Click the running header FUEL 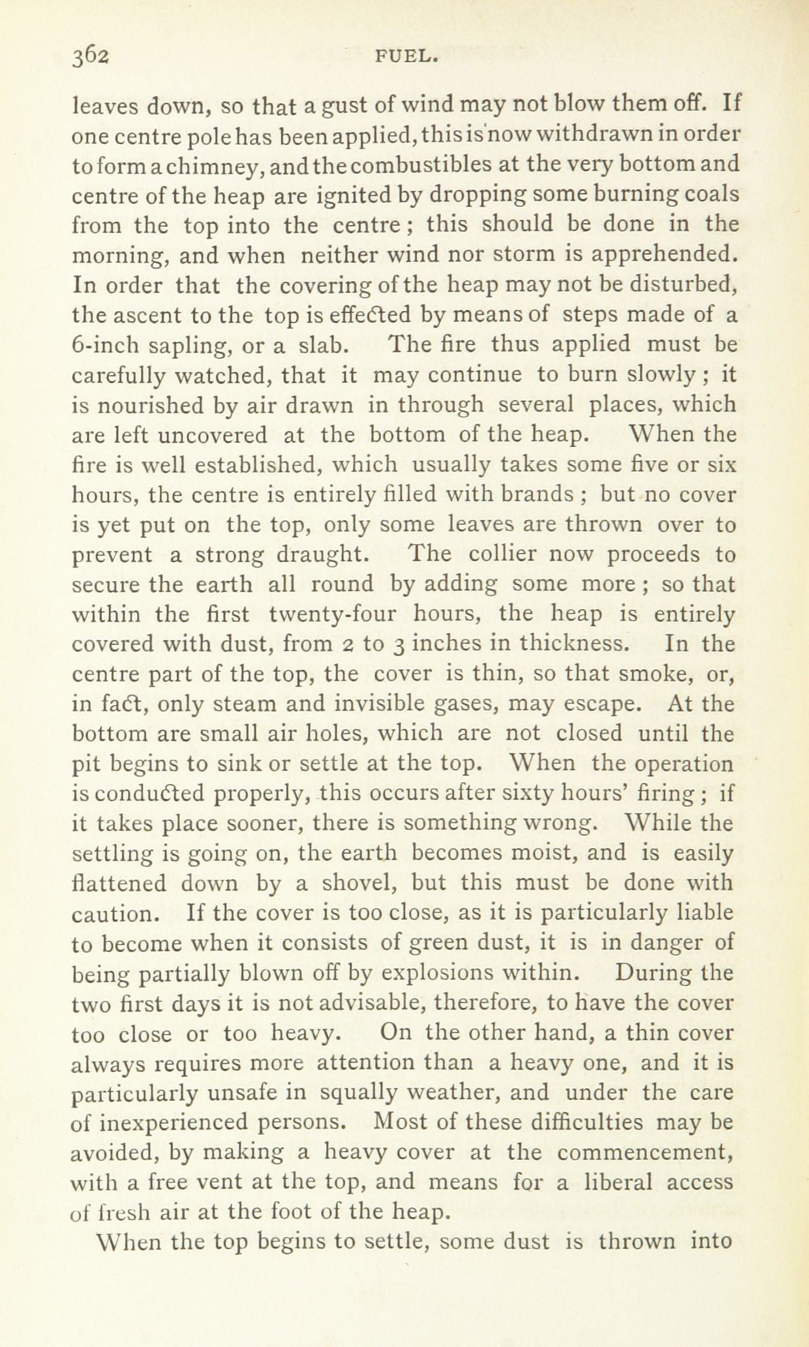[406, 57]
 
